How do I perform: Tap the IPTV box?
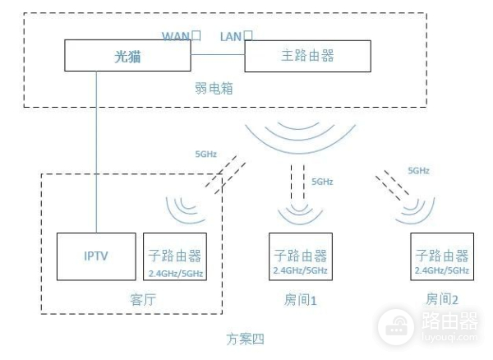(95, 256)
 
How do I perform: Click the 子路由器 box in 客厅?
(175, 256)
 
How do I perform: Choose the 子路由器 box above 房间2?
(442, 256)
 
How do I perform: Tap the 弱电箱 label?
(214, 88)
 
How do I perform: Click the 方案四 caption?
(246, 337)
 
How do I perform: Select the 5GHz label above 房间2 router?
(419, 171)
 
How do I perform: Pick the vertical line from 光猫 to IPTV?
(96, 148)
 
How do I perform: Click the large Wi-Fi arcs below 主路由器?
(300, 136)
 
